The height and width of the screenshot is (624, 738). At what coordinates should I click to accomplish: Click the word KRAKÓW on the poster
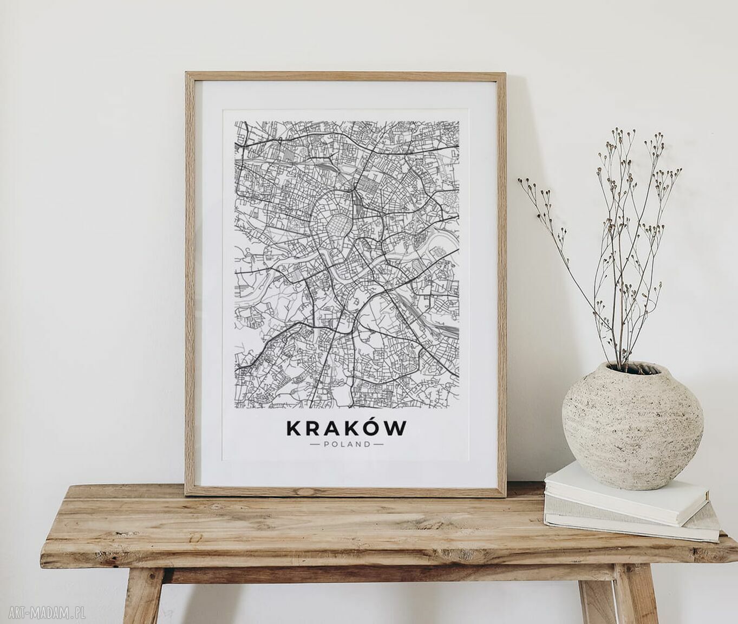pos(346,428)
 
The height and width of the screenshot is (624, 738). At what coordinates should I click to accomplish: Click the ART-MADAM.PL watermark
pos(43,613)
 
